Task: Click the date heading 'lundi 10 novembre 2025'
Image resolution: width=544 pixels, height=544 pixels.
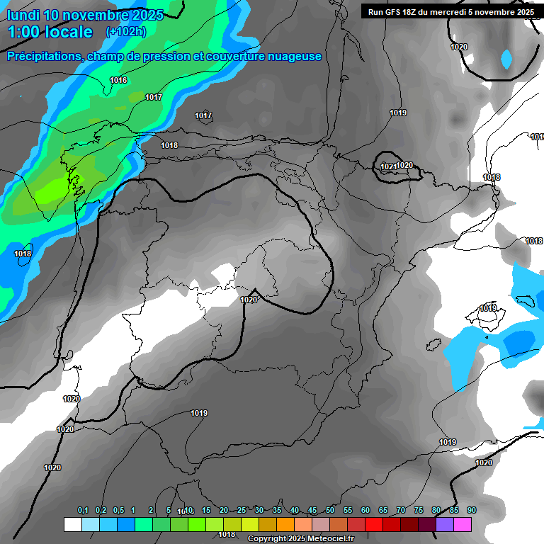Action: tap(85, 15)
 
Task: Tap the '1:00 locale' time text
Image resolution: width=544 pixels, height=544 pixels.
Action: tap(50, 32)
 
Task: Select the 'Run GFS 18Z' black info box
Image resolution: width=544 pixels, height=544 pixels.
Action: tap(451, 11)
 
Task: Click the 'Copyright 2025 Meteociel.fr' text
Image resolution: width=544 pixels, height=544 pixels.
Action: tap(300, 539)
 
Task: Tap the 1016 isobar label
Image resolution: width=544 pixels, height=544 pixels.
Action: tap(118, 80)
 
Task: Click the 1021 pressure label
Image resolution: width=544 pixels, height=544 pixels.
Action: tap(388, 166)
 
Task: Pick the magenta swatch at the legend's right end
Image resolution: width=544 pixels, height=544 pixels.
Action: tap(463, 525)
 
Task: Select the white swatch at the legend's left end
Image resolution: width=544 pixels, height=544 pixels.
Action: tap(72, 525)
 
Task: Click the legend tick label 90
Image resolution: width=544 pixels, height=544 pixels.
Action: tap(472, 511)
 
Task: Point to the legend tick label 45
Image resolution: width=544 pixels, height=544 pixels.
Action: tap(312, 511)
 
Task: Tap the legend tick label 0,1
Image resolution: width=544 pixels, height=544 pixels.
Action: tap(83, 511)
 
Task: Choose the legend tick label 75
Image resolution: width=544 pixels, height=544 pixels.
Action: tap(419, 511)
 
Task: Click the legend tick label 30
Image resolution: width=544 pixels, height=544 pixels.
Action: tap(259, 511)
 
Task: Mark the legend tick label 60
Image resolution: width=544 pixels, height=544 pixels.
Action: tap(365, 511)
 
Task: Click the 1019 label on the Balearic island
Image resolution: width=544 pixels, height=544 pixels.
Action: tap(487, 308)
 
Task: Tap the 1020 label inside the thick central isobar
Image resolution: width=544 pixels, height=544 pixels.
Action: tap(249, 300)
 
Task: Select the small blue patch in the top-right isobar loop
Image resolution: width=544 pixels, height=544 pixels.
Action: tap(506, 59)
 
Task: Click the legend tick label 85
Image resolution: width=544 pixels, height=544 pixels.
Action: tap(454, 511)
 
